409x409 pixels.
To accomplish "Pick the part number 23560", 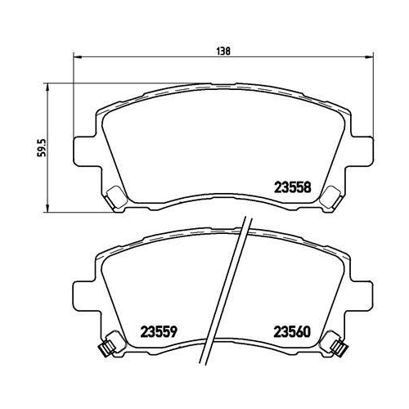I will click(x=290, y=333).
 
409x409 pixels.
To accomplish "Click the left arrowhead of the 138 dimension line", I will click(x=78, y=57).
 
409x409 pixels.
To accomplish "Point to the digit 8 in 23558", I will click(x=307, y=187).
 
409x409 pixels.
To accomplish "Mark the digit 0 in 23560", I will click(x=307, y=333).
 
